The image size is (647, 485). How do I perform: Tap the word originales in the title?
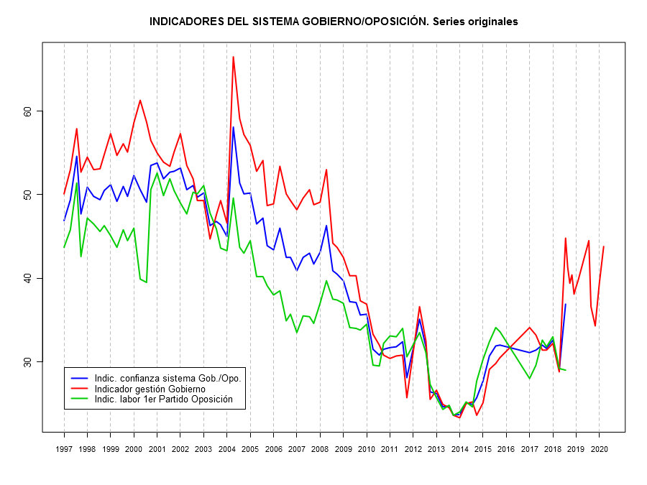[487, 22]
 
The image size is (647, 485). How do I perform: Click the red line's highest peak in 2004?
[234, 57]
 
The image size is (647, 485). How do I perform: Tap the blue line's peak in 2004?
[234, 127]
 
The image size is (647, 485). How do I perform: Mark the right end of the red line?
[604, 246]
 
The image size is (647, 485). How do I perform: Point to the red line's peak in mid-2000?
[140, 100]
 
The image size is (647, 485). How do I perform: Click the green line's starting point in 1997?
[64, 248]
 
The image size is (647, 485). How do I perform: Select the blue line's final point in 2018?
[566, 304]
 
